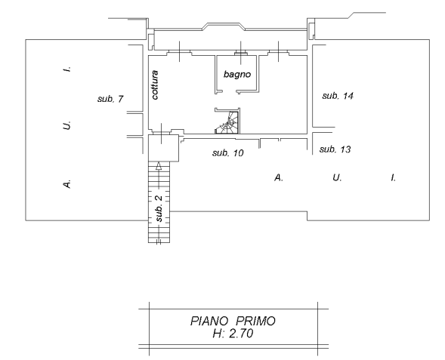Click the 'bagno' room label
click(237, 74)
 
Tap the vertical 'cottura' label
click(155, 85)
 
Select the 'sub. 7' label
click(110, 99)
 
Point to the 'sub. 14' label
click(338, 96)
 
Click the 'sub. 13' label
click(335, 149)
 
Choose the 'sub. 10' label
click(228, 152)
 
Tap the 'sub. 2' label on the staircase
click(159, 208)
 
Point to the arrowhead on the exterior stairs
click(159, 166)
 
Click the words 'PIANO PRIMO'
click(233, 322)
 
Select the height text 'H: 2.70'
click(233, 334)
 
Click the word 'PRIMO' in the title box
click(255, 322)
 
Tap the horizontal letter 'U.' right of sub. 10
click(337, 177)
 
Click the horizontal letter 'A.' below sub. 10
click(279, 177)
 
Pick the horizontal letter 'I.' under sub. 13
click(393, 177)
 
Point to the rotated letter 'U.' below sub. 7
click(67, 125)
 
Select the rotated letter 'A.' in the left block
click(67, 183)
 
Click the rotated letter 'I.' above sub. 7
click(67, 69)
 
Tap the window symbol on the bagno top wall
click(241, 53)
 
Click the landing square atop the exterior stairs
click(164, 148)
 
